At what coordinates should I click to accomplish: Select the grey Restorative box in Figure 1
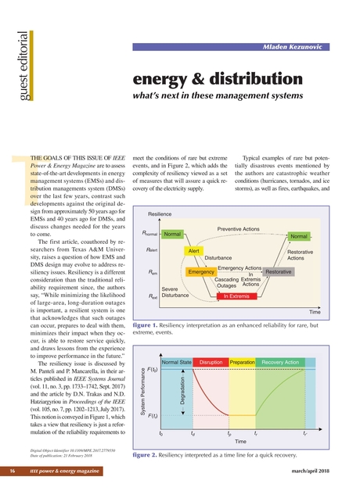click(279, 271)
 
